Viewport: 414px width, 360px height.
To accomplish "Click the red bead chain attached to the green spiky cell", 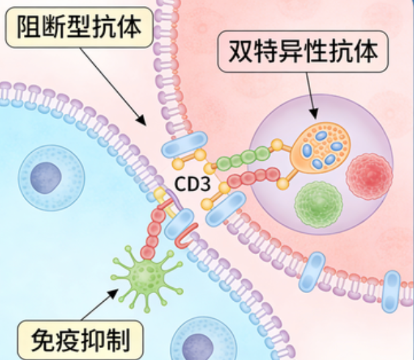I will [154, 232].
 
